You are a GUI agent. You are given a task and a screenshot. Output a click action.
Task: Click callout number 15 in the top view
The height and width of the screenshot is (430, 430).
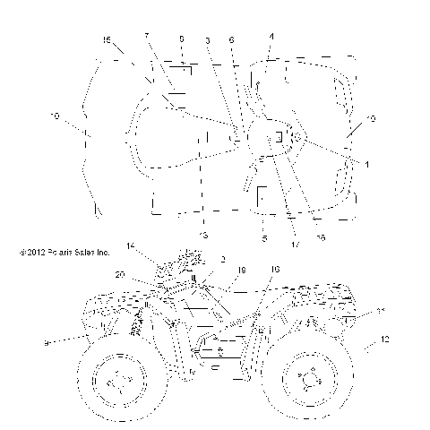(x=107, y=41)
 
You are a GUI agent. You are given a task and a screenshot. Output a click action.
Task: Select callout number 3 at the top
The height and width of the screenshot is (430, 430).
(x=207, y=40)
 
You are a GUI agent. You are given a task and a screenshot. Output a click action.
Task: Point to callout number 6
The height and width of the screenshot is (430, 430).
(x=271, y=36)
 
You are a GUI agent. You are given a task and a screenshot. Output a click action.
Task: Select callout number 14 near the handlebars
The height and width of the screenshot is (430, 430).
(x=131, y=245)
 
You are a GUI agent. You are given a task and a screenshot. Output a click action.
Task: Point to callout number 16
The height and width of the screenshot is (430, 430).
(x=275, y=268)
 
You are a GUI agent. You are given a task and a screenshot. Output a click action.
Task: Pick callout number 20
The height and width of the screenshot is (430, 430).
(x=119, y=275)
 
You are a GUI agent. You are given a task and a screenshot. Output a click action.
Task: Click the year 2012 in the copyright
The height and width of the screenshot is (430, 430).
(x=33, y=252)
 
